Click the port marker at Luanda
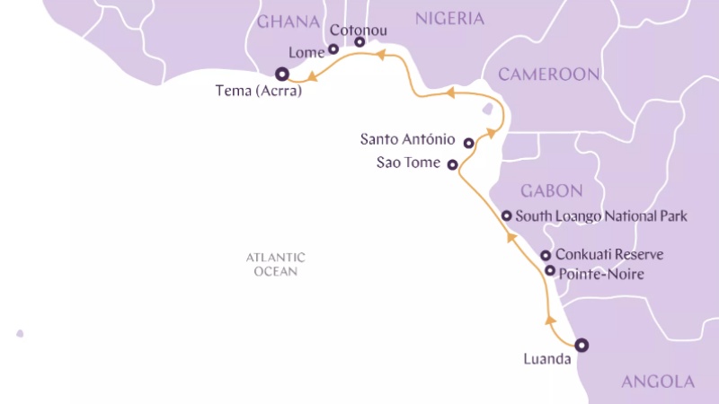581,344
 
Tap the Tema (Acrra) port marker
281,75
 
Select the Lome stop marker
333,49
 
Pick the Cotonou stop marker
359,42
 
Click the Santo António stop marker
468,143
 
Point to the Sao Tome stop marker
453,164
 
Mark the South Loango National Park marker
507,215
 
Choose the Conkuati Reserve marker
546,256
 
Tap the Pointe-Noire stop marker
550,270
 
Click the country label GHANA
289,22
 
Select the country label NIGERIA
449,19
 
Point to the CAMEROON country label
548,74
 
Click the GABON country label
552,190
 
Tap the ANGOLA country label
658,382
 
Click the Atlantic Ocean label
276,264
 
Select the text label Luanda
546,360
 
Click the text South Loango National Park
602,216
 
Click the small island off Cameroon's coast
488,109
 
